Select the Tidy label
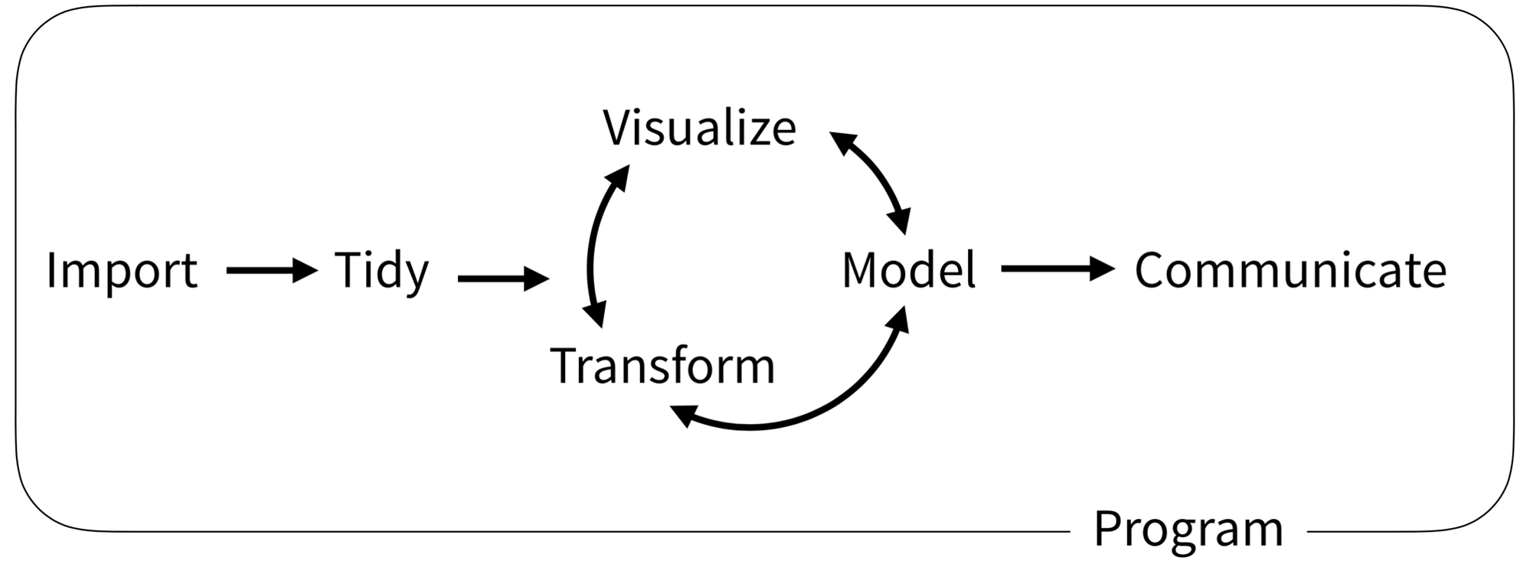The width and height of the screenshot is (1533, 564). [x=381, y=270]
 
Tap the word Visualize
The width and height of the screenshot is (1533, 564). [x=699, y=128]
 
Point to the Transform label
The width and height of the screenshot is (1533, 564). [x=662, y=366]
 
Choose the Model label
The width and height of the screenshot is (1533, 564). [x=908, y=270]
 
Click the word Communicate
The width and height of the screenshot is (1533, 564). [x=1289, y=270]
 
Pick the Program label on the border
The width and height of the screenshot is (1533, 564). [x=1188, y=529]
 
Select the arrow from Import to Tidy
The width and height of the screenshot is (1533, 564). [x=271, y=270]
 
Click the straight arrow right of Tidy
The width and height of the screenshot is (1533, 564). [x=502, y=279]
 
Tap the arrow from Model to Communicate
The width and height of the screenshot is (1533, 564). [x=1057, y=269]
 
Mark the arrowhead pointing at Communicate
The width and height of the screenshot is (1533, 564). [x=1103, y=269]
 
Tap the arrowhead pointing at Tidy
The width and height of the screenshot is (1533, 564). [x=306, y=270]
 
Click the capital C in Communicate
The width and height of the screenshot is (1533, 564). [x=1150, y=270]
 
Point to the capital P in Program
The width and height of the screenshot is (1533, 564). [x=1107, y=527]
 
